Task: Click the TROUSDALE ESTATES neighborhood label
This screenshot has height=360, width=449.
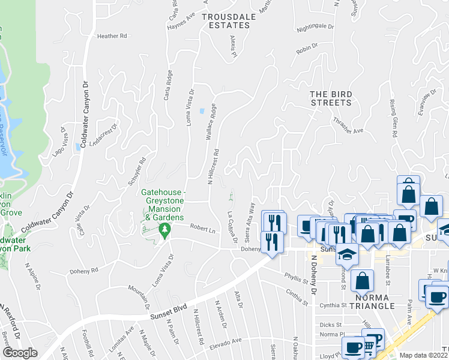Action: (x=228, y=21)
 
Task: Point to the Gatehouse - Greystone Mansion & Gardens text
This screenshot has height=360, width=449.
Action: (x=162, y=205)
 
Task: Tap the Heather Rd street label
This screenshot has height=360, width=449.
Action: (x=112, y=36)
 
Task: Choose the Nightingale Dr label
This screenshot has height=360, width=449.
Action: (x=315, y=26)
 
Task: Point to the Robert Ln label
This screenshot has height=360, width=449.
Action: (x=202, y=229)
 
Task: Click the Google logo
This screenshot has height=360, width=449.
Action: (x=20, y=353)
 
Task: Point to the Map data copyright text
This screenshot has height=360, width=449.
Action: (x=424, y=355)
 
